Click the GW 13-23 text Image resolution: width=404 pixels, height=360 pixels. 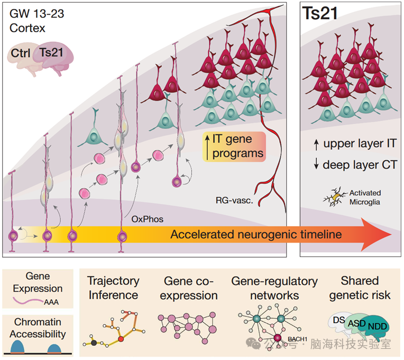36,14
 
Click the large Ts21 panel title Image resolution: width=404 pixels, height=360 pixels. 320,13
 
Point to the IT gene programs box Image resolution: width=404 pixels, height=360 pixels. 234,146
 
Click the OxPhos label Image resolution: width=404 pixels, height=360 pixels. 148,219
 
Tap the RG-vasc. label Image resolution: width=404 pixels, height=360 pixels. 234,200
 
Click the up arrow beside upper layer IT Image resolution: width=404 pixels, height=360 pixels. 316,145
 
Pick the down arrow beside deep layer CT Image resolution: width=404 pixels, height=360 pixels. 316,164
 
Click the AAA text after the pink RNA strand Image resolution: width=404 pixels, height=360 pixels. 51,302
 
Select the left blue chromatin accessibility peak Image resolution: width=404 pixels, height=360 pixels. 17,347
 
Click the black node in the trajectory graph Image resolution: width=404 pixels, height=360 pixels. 94,343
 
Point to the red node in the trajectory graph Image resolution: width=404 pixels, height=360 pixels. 121,339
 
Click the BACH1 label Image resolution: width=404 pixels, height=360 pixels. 297,339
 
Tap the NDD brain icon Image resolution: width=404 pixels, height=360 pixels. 377,326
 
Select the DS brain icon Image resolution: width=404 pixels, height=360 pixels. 338,322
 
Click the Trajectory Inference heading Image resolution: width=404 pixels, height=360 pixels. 113,288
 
